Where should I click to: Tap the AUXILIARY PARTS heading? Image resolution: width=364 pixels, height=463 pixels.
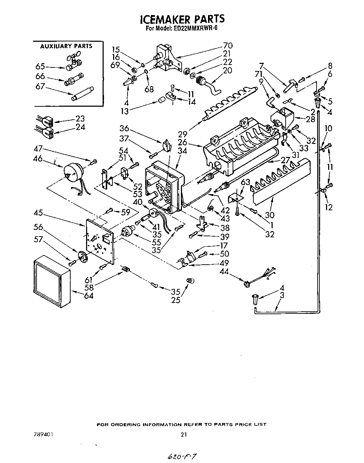click(66, 46)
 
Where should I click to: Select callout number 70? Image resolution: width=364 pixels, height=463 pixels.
click(228, 45)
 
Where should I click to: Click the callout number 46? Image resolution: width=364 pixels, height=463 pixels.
click(38, 159)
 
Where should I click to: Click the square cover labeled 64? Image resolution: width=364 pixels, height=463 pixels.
click(52, 280)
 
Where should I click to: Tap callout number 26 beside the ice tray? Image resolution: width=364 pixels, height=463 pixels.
click(193, 143)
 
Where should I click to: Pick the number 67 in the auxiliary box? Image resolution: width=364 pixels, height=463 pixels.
click(40, 86)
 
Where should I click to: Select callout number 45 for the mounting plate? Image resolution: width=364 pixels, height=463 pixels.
click(39, 212)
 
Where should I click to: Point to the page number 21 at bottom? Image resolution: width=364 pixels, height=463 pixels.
click(183, 434)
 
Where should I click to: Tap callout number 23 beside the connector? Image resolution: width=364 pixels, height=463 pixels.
click(80, 119)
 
